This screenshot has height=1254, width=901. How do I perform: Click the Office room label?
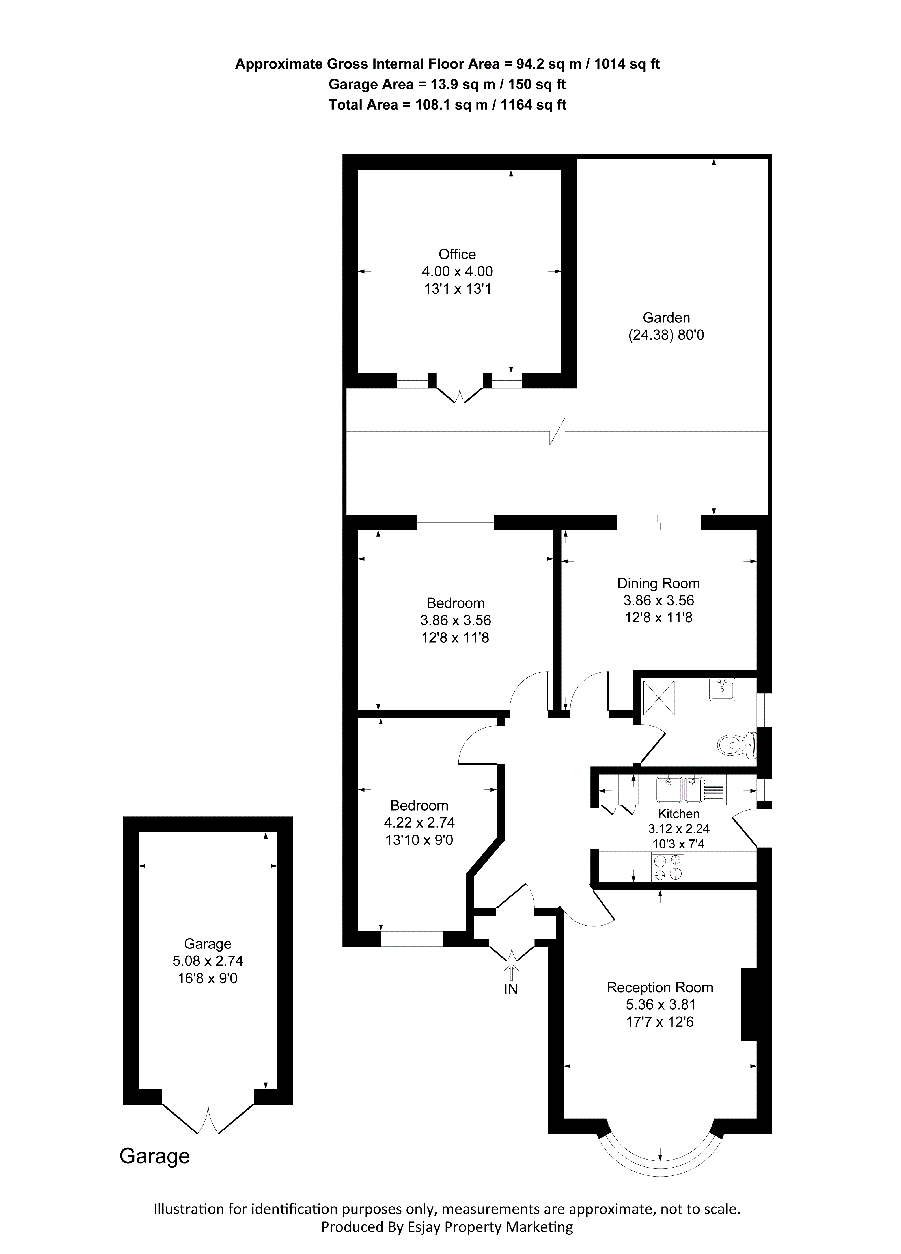click(x=457, y=254)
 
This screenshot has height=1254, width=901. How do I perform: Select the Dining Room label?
click(x=658, y=583)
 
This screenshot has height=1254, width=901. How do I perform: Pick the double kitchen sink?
click(x=679, y=790)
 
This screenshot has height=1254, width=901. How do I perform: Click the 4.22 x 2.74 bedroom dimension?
click(x=419, y=823)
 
